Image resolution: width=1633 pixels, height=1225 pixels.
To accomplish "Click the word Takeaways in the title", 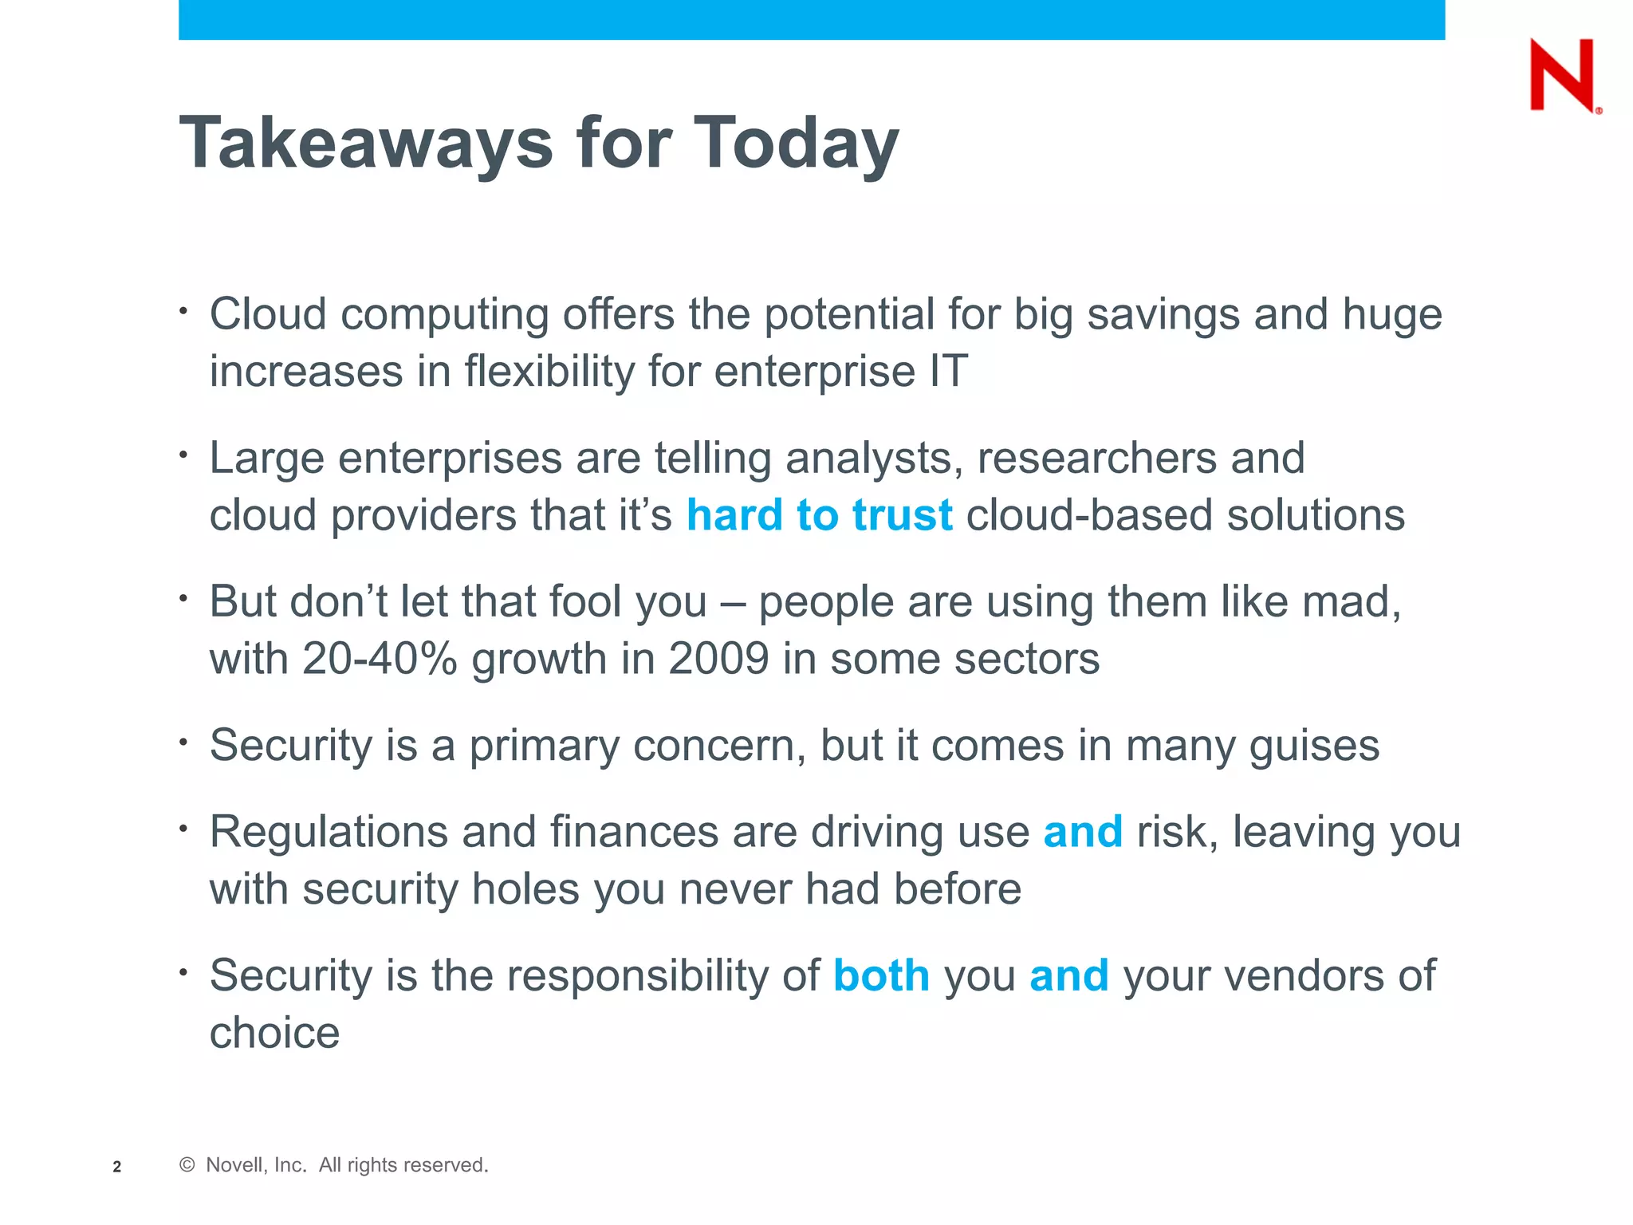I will click(x=366, y=144).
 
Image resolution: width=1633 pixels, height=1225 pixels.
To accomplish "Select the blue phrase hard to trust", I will click(x=819, y=515).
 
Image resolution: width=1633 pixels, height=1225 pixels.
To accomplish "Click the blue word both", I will click(x=881, y=975).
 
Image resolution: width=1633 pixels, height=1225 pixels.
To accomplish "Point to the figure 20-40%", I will click(x=380, y=660).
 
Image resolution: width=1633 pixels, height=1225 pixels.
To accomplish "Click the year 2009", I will click(x=718, y=660).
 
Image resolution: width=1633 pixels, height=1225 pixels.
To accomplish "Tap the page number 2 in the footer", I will click(x=117, y=1167).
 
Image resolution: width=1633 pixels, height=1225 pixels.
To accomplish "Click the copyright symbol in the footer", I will click(x=187, y=1165).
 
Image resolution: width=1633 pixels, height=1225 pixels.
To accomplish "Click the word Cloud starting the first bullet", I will click(x=268, y=314).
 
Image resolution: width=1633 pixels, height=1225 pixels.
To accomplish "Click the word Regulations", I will click(x=329, y=832).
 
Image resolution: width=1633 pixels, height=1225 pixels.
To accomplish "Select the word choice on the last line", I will click(x=274, y=1034).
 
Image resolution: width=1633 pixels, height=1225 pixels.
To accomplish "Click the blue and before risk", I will click(x=1083, y=832).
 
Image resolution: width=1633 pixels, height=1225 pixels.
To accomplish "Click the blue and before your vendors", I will click(x=1068, y=975).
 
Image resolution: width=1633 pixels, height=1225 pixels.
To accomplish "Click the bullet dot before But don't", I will click(x=183, y=597).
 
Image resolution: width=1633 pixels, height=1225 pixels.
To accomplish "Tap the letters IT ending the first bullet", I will click(x=948, y=372).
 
